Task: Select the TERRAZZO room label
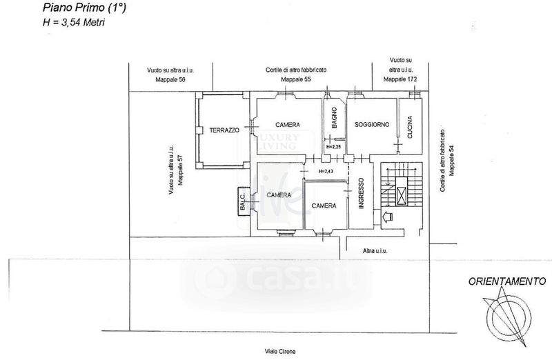[x=225, y=130]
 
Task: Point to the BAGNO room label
[x=333, y=119]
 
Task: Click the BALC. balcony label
[x=244, y=201]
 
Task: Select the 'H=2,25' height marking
[x=333, y=146]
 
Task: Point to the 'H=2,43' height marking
[x=326, y=171]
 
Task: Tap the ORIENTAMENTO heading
[x=507, y=281]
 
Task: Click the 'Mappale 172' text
[x=400, y=80]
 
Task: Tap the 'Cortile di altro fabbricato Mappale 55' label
[x=295, y=75]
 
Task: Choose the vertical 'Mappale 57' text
[x=180, y=170]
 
